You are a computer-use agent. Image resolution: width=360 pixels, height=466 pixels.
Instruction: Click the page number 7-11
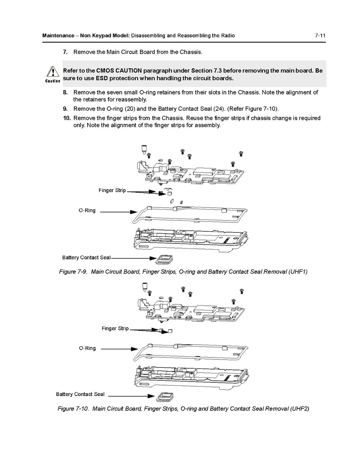(320, 36)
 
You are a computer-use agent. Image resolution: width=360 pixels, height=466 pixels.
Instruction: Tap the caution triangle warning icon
(52, 72)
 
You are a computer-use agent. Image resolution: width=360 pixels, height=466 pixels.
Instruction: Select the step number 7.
(65, 52)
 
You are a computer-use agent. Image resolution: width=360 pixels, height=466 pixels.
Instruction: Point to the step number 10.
(66, 118)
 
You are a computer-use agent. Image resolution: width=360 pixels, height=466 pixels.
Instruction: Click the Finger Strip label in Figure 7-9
(112, 191)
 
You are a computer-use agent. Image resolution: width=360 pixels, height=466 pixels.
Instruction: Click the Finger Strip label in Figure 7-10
(115, 329)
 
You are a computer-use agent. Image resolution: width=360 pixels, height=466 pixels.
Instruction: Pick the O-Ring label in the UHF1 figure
(87, 210)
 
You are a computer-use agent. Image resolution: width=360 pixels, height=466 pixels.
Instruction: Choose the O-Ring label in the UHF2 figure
(87, 348)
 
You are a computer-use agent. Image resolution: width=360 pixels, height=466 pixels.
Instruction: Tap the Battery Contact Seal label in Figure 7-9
(86, 258)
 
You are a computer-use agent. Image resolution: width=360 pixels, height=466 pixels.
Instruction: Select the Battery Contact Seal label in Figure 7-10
(80, 394)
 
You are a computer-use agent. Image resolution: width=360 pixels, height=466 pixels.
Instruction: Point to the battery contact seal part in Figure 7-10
(164, 396)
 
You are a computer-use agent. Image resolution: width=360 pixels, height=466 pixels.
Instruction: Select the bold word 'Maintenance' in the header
(58, 36)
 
